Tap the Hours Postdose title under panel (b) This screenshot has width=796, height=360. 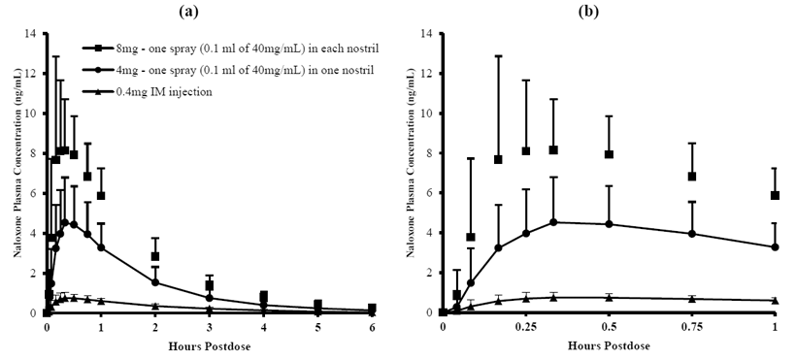[610, 346]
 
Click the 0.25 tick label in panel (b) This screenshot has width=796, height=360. [525, 328]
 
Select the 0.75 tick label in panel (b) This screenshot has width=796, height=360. [691, 328]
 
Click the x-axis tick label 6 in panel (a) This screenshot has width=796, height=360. [373, 328]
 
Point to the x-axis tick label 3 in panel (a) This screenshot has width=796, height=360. [210, 328]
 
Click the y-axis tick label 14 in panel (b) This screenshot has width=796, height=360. [426, 33]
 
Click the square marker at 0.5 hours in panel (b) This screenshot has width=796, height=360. [609, 154]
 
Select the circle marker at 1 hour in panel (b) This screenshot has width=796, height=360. [775, 247]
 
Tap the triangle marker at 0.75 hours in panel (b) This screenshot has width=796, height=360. [692, 299]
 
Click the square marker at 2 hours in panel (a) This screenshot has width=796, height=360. [155, 256]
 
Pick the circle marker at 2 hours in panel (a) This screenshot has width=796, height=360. [155, 282]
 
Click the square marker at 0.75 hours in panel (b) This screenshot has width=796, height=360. [692, 177]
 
